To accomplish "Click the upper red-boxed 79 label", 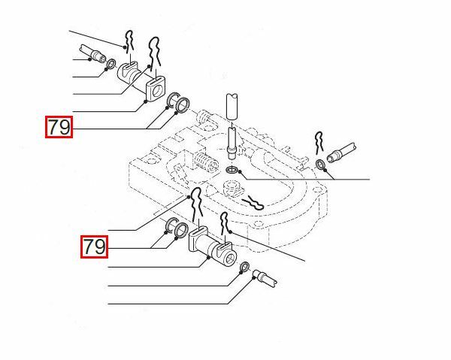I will [59, 128].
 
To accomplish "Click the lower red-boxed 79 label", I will [95, 246].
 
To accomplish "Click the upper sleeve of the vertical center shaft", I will [233, 104].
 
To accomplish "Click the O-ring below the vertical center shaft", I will [232, 173].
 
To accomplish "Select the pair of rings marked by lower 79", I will [174, 228].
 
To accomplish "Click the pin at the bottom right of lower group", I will [266, 277].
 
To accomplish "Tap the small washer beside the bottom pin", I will [245, 268].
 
